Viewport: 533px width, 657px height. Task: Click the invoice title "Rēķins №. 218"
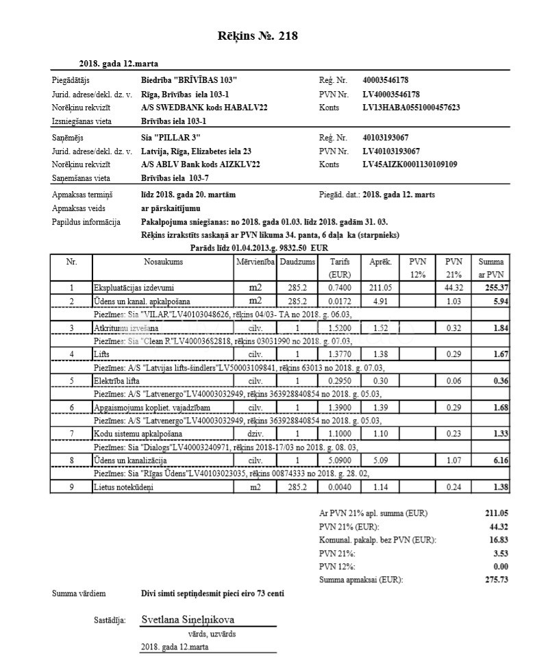point(257,36)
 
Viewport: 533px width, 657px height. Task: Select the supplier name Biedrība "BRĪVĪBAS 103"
point(189,81)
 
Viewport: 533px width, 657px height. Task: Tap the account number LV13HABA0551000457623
point(411,108)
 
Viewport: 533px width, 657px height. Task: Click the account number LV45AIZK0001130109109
point(410,164)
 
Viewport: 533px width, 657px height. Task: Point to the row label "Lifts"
point(102,355)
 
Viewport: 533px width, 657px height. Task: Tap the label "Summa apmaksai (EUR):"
point(361,580)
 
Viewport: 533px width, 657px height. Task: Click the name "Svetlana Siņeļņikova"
point(188,619)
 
